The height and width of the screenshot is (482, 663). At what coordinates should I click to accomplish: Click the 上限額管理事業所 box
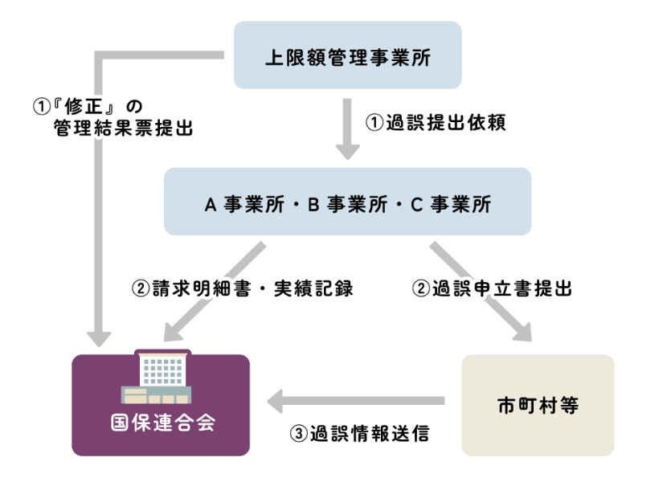pos(347,55)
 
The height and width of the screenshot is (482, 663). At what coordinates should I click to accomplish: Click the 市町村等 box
pos(538,405)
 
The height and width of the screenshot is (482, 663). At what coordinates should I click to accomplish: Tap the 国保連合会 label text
pos(162,422)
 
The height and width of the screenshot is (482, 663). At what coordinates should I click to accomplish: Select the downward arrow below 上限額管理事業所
pos(347,129)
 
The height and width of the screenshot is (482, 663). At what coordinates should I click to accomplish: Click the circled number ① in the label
pos(39,105)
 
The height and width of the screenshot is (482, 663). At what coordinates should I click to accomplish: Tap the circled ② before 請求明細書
pos(138,288)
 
